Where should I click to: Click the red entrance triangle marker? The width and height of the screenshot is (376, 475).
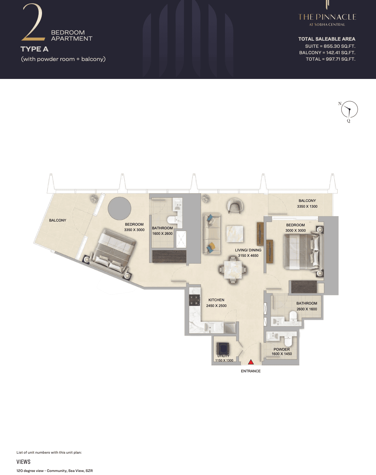click(x=251, y=362)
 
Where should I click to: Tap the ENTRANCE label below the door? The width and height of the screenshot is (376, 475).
click(x=251, y=371)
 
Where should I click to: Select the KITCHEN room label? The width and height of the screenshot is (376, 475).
click(x=216, y=300)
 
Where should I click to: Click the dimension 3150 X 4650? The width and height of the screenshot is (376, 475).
click(x=248, y=255)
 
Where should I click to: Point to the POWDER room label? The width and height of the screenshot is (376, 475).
click(x=281, y=349)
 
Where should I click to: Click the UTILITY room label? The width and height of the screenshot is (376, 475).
click(x=223, y=356)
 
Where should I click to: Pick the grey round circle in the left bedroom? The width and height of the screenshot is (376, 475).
click(x=119, y=208)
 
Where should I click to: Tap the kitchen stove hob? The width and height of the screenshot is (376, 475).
click(x=195, y=301)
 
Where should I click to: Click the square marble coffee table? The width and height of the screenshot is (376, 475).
click(x=235, y=234)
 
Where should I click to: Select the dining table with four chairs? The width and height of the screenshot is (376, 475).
click(x=233, y=269)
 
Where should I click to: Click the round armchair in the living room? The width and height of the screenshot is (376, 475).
click(x=235, y=206)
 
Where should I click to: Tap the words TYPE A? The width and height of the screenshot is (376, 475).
click(x=35, y=49)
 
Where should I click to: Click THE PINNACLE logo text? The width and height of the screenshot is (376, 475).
click(x=327, y=17)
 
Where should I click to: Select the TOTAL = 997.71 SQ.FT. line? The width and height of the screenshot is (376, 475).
click(x=331, y=59)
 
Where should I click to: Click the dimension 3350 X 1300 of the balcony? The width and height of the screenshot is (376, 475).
click(x=307, y=207)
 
